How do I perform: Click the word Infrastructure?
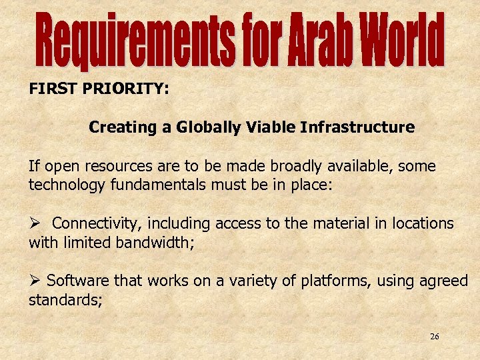tap(357, 127)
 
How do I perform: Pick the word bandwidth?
tap(154, 242)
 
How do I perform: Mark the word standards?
tap(64, 300)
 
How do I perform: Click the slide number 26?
tap(434, 337)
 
